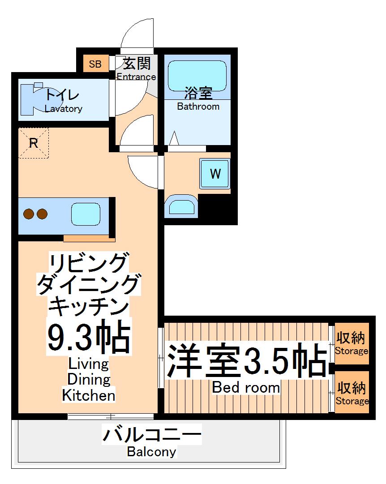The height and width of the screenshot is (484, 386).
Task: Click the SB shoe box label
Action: pos(95,64)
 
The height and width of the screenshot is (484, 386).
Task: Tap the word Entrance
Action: pos(136,77)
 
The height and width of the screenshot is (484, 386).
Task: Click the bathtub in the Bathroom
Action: pos(197,74)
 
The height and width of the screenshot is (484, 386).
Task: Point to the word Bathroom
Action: pos(198,107)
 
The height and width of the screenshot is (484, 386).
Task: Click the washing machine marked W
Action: pos(215,174)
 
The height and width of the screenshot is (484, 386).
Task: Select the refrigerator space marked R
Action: pos(33,144)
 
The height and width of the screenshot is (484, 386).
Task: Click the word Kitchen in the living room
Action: pos(89,395)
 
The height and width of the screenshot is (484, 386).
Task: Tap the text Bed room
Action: pos(246,387)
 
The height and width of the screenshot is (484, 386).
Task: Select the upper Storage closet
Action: pos(352,343)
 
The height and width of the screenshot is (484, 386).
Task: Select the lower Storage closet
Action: pos(352,393)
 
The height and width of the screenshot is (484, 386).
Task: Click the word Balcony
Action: pos(151,451)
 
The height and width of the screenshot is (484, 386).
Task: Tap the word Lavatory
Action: pos(64,109)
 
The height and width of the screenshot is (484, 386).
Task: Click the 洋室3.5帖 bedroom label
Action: pos(246,360)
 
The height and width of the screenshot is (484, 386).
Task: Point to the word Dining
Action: pos(89,379)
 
